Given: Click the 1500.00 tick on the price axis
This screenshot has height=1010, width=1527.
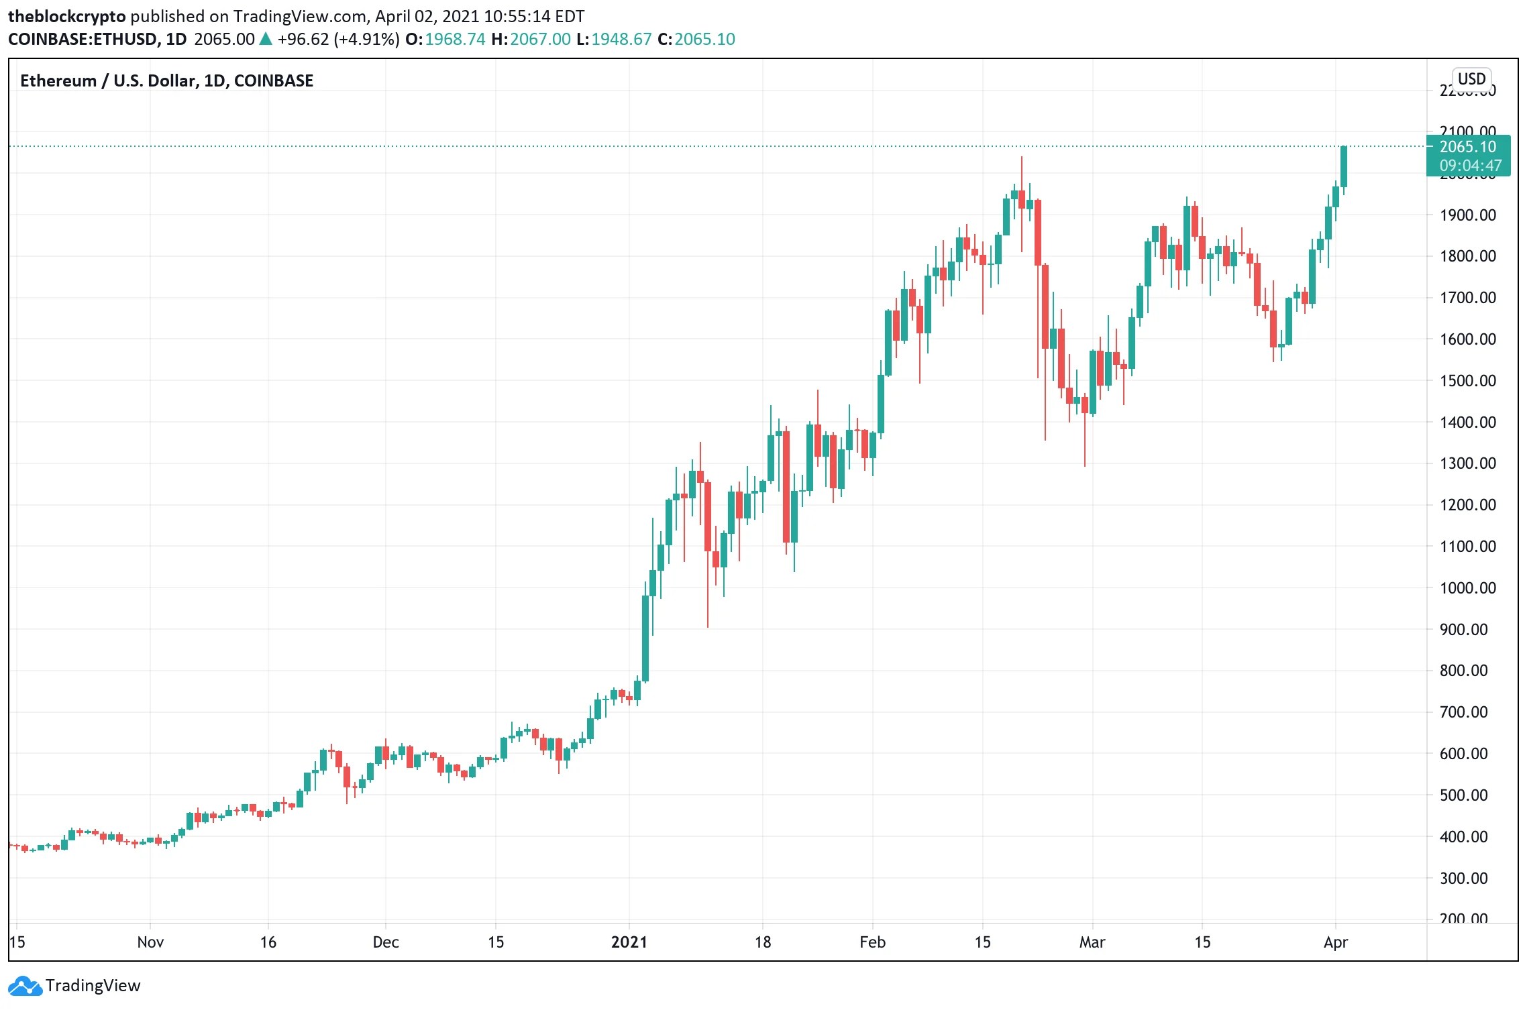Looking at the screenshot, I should [x=1467, y=381].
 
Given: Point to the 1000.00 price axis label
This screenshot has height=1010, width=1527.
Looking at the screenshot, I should [x=1467, y=588].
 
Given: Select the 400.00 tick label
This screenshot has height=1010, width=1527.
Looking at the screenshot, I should [x=1463, y=837].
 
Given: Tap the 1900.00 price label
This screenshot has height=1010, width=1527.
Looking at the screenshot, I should [x=1467, y=215].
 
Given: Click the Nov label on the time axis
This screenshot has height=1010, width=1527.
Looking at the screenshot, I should [x=150, y=942].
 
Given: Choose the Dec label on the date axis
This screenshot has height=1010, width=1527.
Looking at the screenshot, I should [x=386, y=942].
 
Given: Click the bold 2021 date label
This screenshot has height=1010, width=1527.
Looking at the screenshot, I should [x=629, y=942].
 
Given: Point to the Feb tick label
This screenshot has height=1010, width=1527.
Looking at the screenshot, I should [x=872, y=942].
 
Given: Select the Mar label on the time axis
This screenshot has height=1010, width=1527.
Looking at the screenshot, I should [x=1092, y=942].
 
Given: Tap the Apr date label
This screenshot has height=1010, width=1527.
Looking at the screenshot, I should [x=1335, y=942].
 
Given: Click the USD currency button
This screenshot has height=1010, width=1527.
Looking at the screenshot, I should [x=1471, y=79].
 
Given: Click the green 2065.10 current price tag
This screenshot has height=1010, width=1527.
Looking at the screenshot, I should [x=1468, y=156].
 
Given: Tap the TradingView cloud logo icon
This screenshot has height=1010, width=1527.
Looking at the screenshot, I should [x=25, y=986].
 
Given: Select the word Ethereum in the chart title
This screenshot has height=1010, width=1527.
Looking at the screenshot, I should [x=58, y=81].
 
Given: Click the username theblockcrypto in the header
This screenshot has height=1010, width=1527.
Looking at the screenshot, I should [x=66, y=16].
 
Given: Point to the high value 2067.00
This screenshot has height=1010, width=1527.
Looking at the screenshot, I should [x=540, y=39].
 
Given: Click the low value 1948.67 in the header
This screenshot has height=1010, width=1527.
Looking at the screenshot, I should [x=621, y=39].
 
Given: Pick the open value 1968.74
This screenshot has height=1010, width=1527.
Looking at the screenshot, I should [x=455, y=39].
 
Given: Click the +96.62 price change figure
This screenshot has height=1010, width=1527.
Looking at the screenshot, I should [x=303, y=39].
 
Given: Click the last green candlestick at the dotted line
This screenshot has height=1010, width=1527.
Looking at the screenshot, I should [x=1344, y=166].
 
